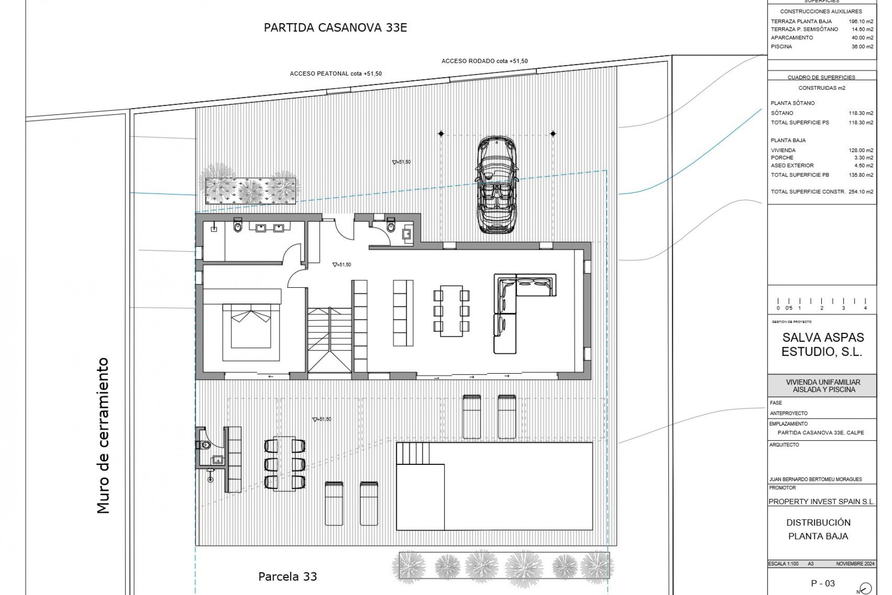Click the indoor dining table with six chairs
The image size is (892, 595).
[451, 311]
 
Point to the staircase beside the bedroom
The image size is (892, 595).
[329, 339]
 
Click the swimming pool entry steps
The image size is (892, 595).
[413, 452]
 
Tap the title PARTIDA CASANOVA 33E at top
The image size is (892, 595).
[335, 27]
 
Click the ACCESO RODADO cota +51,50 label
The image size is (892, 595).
[484, 61]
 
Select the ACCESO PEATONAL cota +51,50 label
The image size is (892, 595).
[335, 73]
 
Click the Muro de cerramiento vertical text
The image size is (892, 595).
[103, 435]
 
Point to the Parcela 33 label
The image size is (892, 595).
[287, 576]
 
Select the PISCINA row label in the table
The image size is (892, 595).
[781, 46]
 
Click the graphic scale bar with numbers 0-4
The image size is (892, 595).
[821, 304]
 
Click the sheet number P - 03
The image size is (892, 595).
[823, 583]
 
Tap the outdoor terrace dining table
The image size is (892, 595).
[285, 463]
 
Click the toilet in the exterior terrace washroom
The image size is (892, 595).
[205, 445]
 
